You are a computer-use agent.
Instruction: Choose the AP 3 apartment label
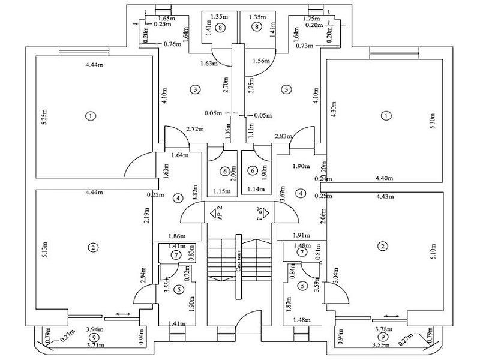coord(259,214)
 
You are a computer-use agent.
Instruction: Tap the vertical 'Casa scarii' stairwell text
coord(239,260)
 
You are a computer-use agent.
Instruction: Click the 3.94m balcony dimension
coord(94,329)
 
